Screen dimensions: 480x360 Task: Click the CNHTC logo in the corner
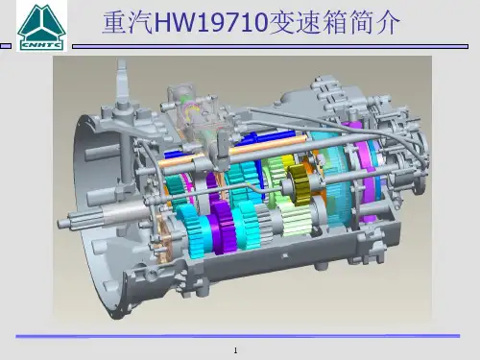tap(41, 26)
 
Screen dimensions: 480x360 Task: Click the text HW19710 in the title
tap(211, 23)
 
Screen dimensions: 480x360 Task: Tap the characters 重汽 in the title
tap(128, 23)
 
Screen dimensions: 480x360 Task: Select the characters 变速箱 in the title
tap(307, 23)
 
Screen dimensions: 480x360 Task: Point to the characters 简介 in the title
tap(373, 23)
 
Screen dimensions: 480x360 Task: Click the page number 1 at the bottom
tap(236, 350)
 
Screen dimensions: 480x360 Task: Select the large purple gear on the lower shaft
tap(223, 227)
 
